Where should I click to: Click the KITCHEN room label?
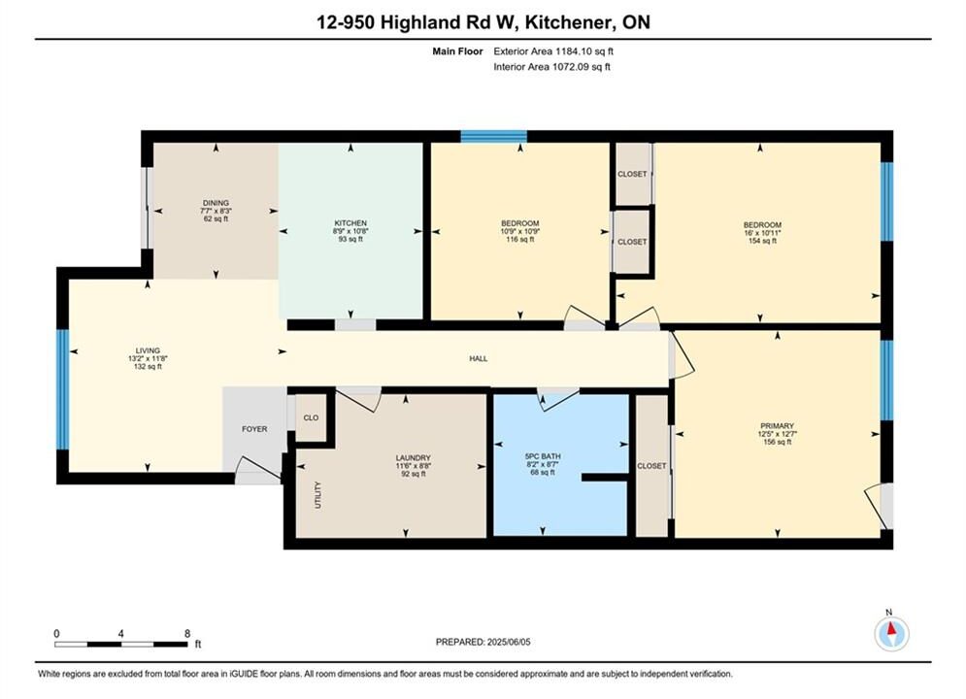[350, 223]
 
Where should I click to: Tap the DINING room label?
[216, 203]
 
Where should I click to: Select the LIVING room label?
[148, 350]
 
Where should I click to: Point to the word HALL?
[479, 358]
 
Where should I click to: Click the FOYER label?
[254, 429]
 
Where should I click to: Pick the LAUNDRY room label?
[413, 457]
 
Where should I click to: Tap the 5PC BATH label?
[543, 456]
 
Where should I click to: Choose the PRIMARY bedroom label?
[777, 425]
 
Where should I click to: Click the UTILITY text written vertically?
[318, 494]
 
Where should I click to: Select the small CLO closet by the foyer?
[311, 417]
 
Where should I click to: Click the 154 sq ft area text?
[762, 241]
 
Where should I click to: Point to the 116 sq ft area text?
[520, 239]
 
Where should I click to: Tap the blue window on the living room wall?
[62, 389]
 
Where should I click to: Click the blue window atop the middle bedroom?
[493, 136]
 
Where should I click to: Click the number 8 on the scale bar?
[187, 633]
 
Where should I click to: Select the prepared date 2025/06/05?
[509, 642]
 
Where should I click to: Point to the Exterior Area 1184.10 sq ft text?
[553, 51]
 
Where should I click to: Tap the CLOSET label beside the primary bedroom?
[651, 466]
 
